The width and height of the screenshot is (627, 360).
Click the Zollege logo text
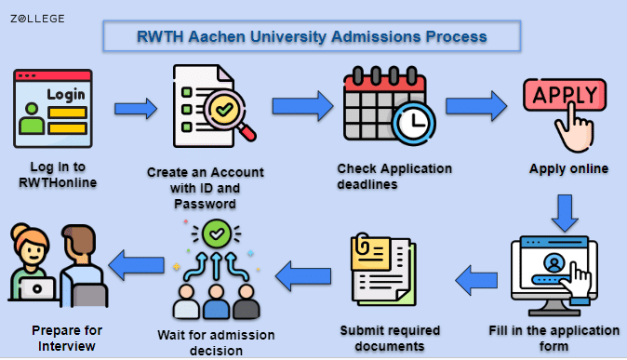tap(38, 18)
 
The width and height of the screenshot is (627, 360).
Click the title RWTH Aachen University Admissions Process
tap(312, 37)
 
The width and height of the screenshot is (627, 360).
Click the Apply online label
tap(568, 169)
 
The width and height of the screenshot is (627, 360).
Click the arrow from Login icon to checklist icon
tap(136, 109)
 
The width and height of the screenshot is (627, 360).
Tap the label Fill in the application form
tap(554, 339)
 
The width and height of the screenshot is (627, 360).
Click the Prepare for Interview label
tap(67, 338)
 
